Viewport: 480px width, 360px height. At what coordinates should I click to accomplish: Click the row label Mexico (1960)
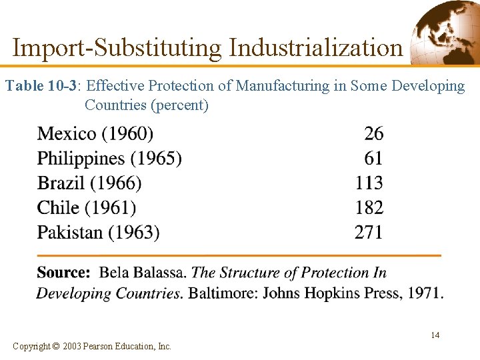95,134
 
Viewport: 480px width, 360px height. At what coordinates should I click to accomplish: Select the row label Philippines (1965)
109,159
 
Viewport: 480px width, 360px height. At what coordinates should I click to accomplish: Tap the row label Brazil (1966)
89,183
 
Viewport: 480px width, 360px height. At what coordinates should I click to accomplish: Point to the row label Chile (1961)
87,208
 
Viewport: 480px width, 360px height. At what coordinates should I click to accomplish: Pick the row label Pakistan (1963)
99,233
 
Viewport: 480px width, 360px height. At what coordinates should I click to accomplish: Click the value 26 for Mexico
373,134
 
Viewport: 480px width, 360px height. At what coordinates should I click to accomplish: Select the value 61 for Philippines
373,159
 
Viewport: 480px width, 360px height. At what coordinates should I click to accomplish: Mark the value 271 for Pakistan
369,233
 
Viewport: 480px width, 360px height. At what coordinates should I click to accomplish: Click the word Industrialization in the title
316,48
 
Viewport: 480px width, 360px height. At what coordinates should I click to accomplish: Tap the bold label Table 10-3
41,86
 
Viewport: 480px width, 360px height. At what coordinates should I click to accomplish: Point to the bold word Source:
63,273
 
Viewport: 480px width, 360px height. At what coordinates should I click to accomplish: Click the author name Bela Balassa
143,273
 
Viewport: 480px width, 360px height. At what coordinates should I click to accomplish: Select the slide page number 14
435,335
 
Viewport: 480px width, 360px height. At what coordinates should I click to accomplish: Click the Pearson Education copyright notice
92,346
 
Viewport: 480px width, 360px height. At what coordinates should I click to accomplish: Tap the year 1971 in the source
425,293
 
